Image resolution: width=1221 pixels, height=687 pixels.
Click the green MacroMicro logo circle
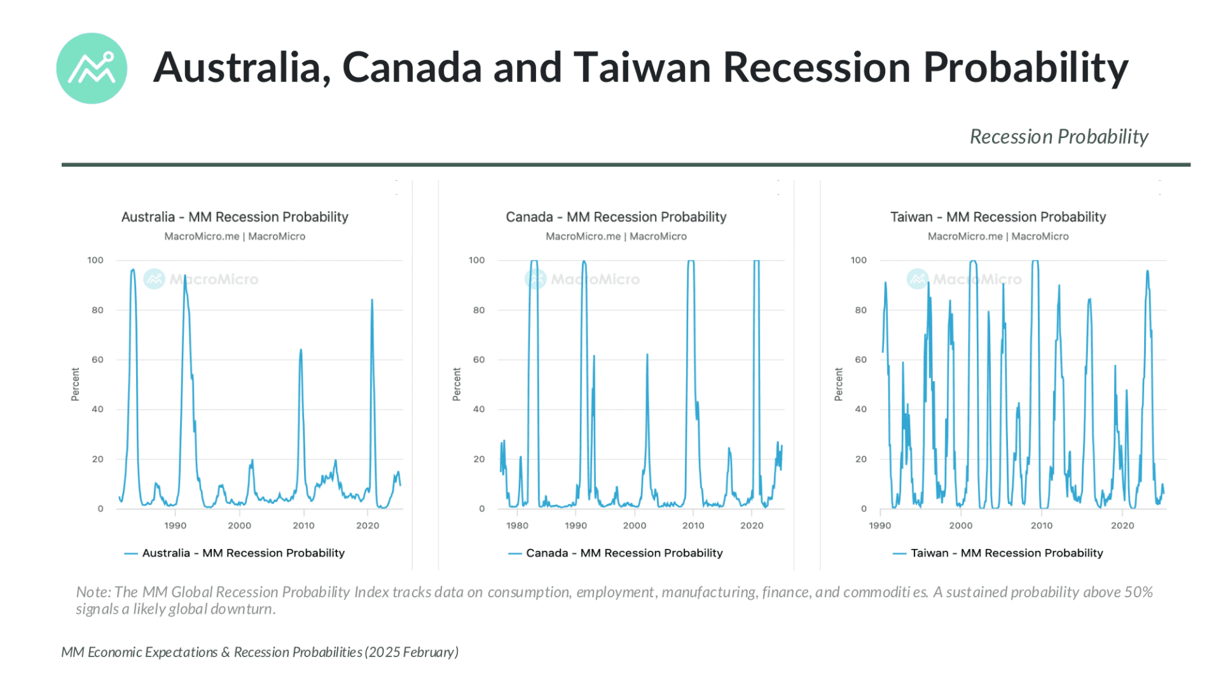tap(92, 68)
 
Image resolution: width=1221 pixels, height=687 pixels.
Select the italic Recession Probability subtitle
tap(1058, 137)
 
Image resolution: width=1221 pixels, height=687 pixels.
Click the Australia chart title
tap(235, 217)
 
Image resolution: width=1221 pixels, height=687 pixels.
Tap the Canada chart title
tap(616, 217)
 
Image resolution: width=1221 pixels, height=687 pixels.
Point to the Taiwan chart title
tap(997, 217)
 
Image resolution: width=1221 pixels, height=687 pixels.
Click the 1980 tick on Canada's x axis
tap(517, 525)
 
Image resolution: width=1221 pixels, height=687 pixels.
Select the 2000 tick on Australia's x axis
tap(239, 525)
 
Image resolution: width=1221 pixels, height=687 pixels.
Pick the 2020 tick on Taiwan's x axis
tap(1122, 525)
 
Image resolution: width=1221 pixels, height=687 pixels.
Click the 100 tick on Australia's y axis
tap(95, 260)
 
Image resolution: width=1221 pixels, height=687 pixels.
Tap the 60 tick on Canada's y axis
tap(478, 359)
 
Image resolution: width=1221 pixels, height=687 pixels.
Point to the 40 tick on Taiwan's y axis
tap(860, 409)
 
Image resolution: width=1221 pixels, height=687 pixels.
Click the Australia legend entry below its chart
tap(235, 553)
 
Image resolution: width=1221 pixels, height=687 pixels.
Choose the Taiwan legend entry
tap(998, 553)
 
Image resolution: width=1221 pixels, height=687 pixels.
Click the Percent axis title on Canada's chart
tap(457, 384)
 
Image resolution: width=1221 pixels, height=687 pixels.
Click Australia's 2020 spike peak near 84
tap(372, 300)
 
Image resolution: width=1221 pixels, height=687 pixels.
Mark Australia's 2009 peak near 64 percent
tap(301, 350)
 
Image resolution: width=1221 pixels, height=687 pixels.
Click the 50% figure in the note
tap(1138, 592)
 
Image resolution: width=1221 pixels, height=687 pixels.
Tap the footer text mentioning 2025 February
tap(259, 652)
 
